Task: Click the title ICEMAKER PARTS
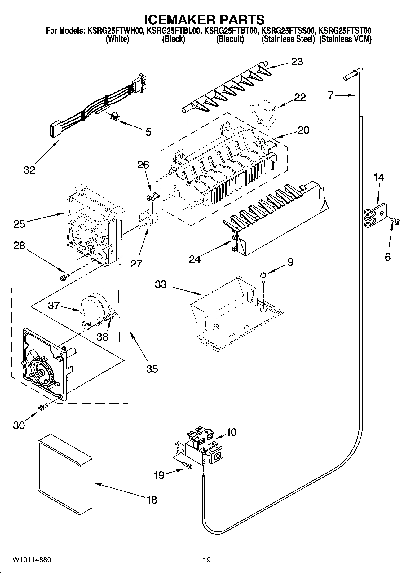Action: pos(205,19)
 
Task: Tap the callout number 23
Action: pos(297,62)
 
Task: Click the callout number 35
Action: pos(152,369)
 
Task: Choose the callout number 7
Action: pos(330,95)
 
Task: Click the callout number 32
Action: pos(29,170)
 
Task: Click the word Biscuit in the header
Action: pos(230,39)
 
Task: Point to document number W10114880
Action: pos(32,560)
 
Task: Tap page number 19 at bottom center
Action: pos(207,560)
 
